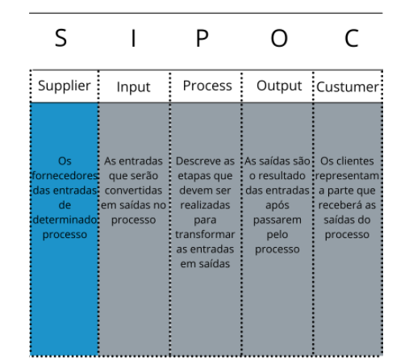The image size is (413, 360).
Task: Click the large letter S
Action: [x=60, y=38]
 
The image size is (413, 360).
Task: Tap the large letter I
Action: [x=133, y=38]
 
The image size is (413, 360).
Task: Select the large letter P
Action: [x=202, y=38]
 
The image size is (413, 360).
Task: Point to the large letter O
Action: [x=279, y=38]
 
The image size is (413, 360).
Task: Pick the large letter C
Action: [x=352, y=38]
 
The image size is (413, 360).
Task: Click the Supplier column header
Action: [x=65, y=86]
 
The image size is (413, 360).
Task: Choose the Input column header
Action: [x=133, y=87]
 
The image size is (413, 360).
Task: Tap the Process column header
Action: [x=207, y=86]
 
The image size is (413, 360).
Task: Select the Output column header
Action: [x=279, y=86]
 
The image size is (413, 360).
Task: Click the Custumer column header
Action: [x=348, y=87]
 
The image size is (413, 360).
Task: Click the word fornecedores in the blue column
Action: [x=65, y=176]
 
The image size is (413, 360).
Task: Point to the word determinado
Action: [x=65, y=220]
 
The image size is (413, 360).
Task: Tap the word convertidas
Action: [x=133, y=190]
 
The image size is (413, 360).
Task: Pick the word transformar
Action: [x=205, y=234]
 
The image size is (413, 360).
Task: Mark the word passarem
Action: [x=277, y=220]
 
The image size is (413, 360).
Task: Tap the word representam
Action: [x=347, y=176]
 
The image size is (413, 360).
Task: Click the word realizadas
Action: [x=205, y=205]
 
